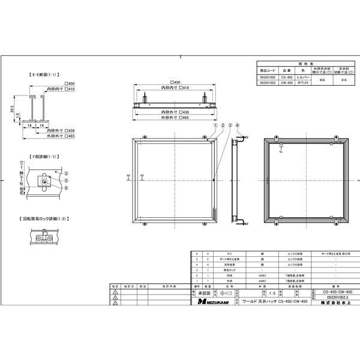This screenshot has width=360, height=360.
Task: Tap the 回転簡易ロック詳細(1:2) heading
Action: coord(45,220)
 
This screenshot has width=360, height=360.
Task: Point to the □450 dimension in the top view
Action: coord(175,82)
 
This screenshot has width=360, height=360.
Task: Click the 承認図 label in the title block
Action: coord(205,292)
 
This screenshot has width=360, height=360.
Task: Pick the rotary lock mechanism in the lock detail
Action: coord(43,239)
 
